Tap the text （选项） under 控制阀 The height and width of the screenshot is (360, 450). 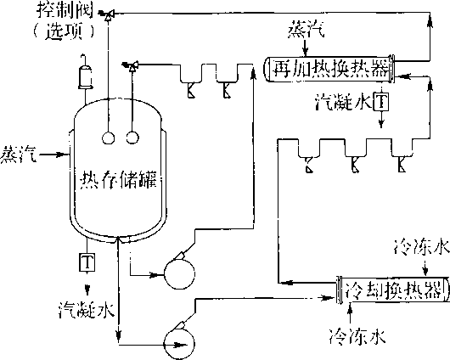tap(64, 31)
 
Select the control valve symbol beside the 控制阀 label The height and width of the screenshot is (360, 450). tap(107, 14)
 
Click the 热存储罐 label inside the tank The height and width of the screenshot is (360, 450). tap(118, 179)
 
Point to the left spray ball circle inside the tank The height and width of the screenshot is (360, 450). tap(108, 138)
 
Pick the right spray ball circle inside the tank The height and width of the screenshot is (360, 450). tap(132, 138)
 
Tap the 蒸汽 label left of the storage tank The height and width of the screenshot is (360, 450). tap(18, 155)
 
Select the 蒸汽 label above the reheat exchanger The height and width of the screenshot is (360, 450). tap(307, 29)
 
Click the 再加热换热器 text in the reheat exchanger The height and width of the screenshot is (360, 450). tap(330, 68)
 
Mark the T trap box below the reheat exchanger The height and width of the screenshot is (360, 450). tap(381, 101)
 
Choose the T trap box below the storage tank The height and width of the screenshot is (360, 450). tap(87, 262)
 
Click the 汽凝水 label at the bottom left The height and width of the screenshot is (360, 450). tap(87, 309)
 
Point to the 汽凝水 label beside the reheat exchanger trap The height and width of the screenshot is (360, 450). tap(344, 102)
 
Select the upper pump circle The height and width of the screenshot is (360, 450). tap(180, 274)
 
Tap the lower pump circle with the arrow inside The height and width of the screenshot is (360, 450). tap(179, 344)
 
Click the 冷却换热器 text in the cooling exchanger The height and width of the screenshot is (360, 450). tap(393, 290)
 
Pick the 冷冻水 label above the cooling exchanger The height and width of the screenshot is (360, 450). tap(421, 248)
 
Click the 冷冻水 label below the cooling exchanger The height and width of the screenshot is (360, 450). tap(357, 336)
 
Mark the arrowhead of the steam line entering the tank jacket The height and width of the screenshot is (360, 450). tap(60, 155)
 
